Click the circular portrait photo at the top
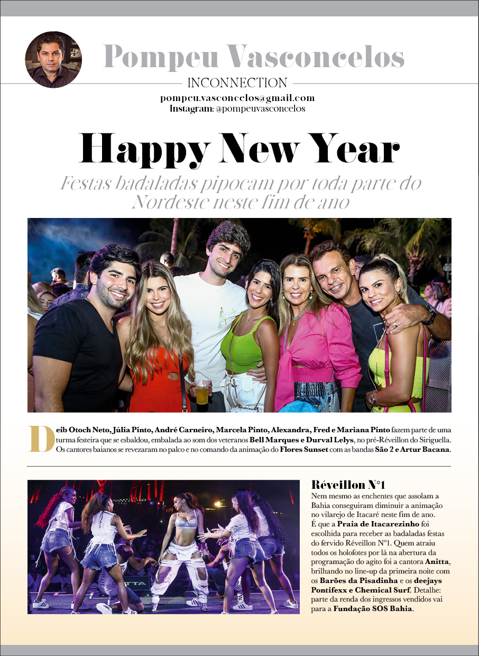(53, 59)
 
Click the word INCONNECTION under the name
(237, 83)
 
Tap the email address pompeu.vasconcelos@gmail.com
(237, 98)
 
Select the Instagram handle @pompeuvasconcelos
(260, 108)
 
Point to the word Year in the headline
(350, 149)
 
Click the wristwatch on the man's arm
(429, 316)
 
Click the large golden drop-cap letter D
(41, 439)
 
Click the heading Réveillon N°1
(348, 485)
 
